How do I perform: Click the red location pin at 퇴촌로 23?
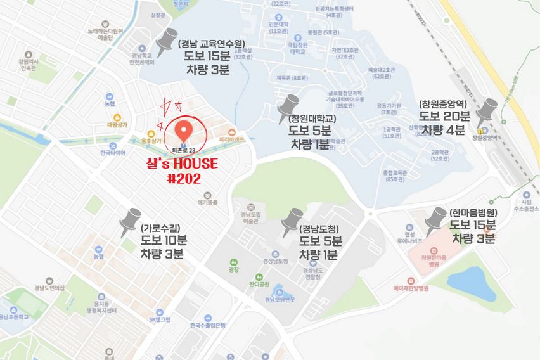point(183,130)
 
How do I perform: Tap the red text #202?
point(184,179)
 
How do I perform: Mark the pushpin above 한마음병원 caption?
point(437,219)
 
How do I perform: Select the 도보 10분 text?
point(164,241)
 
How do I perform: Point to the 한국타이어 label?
point(113,153)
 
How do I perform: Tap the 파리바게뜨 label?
point(231,138)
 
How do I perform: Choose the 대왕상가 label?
point(117,125)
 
